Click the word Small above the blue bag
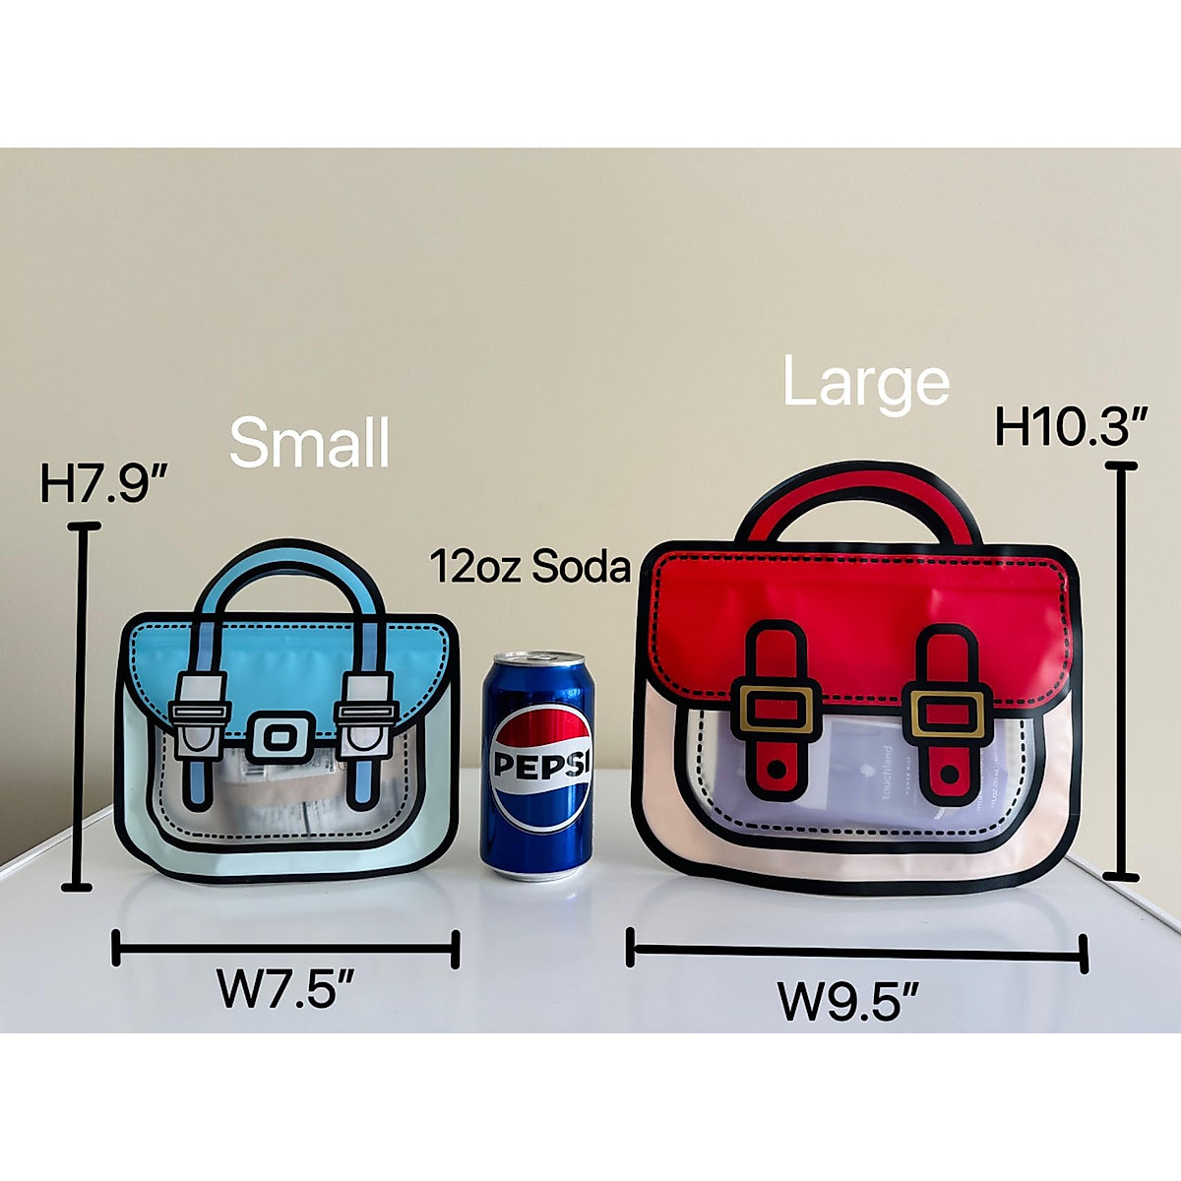tap(309, 443)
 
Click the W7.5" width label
tap(285, 988)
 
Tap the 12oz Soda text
tap(529, 568)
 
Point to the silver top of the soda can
tap(537, 658)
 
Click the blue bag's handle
tap(284, 563)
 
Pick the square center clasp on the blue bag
tap(281, 737)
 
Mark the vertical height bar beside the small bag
tap(82, 707)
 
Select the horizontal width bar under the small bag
tap(285, 950)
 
